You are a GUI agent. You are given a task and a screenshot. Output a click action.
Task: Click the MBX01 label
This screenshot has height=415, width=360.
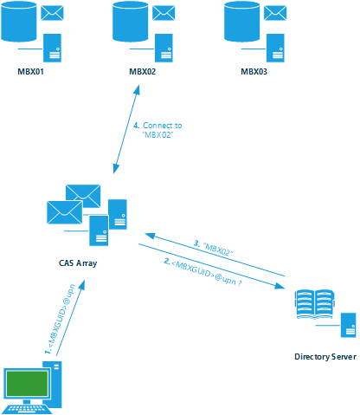(x=30, y=72)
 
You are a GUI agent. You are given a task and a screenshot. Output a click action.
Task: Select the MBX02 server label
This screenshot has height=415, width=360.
(x=142, y=72)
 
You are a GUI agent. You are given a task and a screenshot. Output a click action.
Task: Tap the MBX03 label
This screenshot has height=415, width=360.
(x=254, y=72)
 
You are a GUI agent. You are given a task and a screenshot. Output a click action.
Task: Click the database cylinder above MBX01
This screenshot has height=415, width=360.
(x=19, y=21)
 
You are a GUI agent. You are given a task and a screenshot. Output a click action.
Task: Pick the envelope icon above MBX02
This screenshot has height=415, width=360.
(x=164, y=13)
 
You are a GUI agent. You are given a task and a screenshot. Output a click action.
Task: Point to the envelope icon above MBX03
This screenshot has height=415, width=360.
(x=275, y=13)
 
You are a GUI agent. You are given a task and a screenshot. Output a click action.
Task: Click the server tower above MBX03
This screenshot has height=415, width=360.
(x=275, y=48)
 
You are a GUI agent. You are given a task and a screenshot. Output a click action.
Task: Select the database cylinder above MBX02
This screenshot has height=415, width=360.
(x=131, y=21)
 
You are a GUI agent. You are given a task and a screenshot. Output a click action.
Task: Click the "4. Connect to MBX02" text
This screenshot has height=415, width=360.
(x=157, y=130)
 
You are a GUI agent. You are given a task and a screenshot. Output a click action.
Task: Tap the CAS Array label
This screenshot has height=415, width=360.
(x=78, y=263)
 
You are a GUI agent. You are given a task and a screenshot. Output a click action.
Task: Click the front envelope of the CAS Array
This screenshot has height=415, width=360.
(x=65, y=212)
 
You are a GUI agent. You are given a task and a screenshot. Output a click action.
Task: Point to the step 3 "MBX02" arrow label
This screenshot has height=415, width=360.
(x=214, y=248)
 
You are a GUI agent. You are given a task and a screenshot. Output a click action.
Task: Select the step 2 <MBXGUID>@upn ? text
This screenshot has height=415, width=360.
(x=203, y=272)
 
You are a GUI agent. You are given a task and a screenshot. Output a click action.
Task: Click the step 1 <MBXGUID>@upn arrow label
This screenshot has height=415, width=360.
(x=60, y=319)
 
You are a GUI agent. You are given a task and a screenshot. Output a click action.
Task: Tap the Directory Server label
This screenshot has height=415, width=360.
(x=325, y=357)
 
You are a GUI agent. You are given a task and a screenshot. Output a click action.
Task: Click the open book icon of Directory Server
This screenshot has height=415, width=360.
(x=314, y=304)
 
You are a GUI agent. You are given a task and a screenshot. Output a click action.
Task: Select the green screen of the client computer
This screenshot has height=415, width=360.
(x=27, y=384)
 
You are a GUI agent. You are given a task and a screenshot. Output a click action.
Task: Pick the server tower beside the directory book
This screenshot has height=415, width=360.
(x=348, y=325)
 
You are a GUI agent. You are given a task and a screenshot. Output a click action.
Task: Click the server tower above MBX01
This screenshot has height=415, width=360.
(x=52, y=48)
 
